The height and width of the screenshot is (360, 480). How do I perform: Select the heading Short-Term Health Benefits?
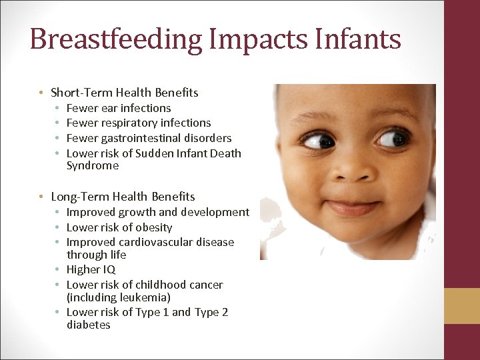pos(125,93)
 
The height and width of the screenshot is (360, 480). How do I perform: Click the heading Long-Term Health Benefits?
pos(123,197)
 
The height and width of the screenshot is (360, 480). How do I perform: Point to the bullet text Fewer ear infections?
pos(119,108)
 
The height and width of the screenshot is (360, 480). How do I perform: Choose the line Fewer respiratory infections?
pos(139,123)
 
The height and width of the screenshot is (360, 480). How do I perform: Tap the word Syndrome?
pos(93,165)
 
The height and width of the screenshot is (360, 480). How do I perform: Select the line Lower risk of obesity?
pos(119,227)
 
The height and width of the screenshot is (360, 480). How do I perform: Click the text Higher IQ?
pos(91,269)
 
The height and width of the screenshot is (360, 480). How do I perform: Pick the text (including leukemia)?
pos(119,297)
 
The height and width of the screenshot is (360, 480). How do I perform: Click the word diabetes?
pos(89,325)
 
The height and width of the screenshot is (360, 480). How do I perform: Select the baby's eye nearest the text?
pos(319,140)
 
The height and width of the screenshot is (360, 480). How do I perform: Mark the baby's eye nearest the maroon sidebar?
pos(393,138)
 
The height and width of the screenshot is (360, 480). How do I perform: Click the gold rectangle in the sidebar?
pos(462,306)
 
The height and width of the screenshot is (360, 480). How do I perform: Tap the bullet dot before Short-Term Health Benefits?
pos(41,93)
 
